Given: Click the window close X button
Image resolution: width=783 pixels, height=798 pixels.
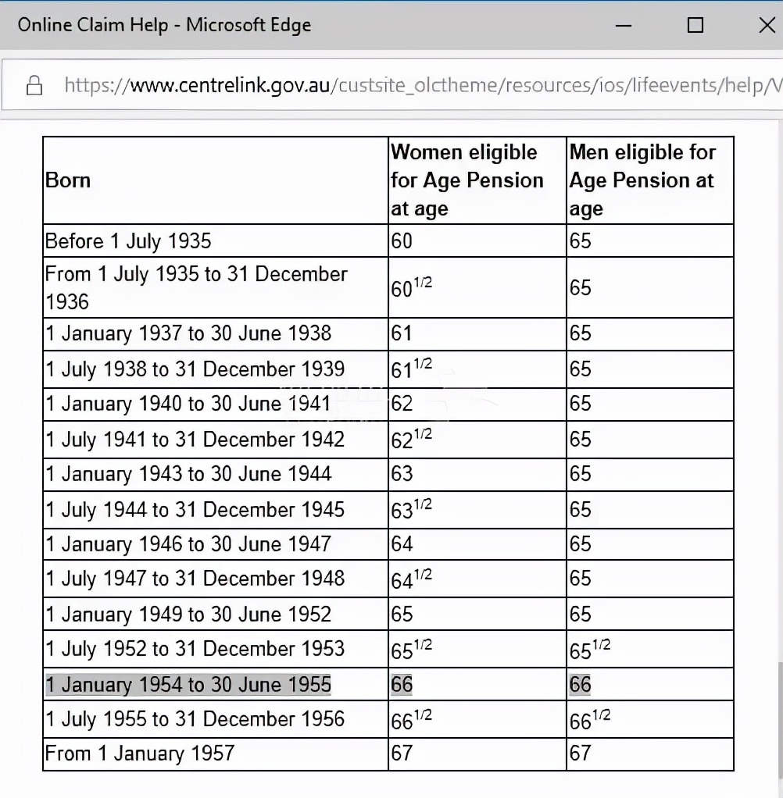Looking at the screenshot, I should [766, 25].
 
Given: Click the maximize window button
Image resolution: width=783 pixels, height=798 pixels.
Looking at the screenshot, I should [695, 25].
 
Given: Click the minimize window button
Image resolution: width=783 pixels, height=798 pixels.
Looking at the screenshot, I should [624, 25].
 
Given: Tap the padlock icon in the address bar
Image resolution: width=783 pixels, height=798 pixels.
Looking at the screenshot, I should [34, 85].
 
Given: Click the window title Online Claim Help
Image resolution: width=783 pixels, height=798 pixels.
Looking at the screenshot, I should [164, 25].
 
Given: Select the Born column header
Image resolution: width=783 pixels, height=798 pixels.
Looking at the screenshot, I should [69, 180].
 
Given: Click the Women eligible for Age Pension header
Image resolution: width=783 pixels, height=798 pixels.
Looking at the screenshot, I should [467, 180].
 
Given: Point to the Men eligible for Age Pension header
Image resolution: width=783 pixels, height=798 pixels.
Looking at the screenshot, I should [642, 180].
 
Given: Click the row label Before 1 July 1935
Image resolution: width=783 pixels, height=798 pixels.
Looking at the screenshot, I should [128, 240].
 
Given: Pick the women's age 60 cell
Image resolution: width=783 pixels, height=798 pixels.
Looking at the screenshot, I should [402, 240].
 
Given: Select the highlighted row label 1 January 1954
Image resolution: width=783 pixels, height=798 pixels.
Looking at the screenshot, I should [188, 685].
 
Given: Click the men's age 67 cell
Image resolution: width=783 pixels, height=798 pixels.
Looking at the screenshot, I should [581, 753].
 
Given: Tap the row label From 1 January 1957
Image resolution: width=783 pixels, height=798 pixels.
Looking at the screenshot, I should [140, 753].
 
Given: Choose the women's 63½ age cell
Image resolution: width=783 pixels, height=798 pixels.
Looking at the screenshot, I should [411, 510].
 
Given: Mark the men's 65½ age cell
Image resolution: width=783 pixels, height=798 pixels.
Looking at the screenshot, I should [590, 648].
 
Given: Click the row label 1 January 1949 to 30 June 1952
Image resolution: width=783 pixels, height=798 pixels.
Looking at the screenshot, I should [188, 614].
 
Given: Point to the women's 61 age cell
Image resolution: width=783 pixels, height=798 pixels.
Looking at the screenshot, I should [402, 333].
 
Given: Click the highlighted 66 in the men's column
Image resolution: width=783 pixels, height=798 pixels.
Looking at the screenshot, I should [581, 685].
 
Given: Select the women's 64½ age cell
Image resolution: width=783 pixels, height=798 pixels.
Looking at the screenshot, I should [411, 579].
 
